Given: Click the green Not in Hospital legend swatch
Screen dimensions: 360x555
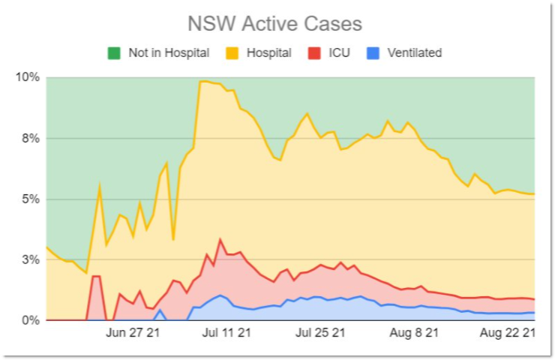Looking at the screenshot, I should (114, 53).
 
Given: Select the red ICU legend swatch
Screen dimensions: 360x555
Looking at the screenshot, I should (314, 53).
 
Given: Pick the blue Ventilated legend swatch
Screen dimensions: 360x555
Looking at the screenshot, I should (373, 53).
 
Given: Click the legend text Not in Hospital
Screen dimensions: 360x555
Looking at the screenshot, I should (168, 53).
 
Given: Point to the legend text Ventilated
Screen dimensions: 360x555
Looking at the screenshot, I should (414, 53).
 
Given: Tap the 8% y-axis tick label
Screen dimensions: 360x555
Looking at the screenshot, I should (31, 139).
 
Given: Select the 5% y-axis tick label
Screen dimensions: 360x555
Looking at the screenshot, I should (31, 199).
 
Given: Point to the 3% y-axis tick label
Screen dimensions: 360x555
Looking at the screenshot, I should (31, 260).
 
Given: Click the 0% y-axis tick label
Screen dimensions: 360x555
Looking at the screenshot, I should (31, 321).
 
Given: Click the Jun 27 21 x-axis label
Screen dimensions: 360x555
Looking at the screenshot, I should (133, 333).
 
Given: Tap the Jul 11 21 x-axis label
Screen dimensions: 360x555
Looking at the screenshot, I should (225, 333).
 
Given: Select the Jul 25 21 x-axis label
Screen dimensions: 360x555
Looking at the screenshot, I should (320, 333).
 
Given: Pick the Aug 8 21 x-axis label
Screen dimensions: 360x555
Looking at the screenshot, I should (414, 333).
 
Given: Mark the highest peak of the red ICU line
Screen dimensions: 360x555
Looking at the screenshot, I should (220, 239).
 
